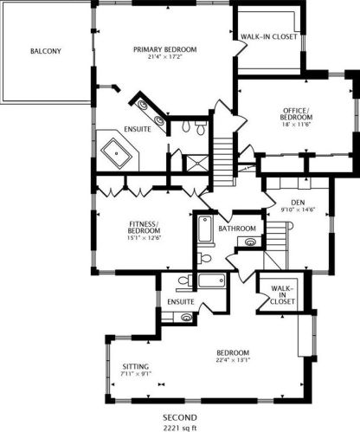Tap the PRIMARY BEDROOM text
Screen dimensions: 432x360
(x=165, y=49)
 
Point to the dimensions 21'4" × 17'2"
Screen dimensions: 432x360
(x=165, y=58)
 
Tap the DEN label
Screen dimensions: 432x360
(x=298, y=203)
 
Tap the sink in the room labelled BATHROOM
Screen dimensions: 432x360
(x=250, y=243)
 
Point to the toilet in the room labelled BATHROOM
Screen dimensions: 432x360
(x=202, y=257)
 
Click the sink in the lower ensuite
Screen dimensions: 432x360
(x=185, y=318)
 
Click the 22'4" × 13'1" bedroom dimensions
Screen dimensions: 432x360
(x=234, y=360)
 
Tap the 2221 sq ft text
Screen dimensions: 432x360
(x=182, y=427)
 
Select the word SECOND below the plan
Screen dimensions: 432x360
(x=182, y=416)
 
